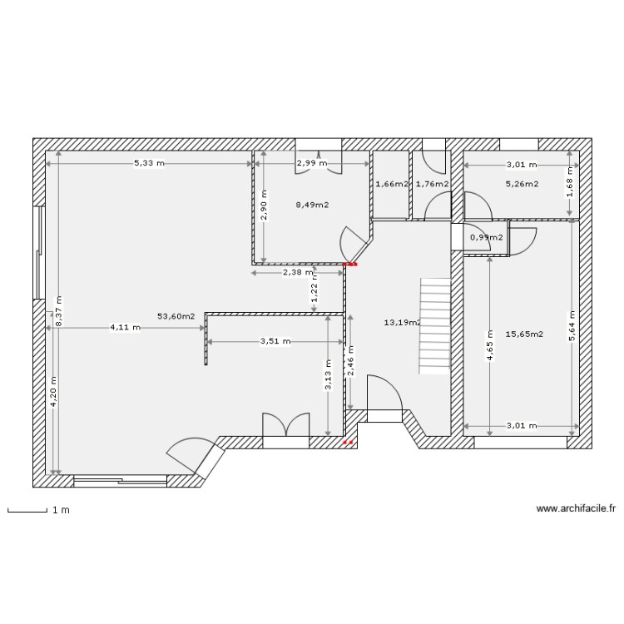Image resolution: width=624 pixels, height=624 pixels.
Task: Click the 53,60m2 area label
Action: pyautogui.click(x=176, y=316)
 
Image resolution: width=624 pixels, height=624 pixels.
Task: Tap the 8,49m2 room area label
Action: pyautogui.click(x=312, y=204)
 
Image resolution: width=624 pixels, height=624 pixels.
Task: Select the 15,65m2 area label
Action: pyautogui.click(x=524, y=334)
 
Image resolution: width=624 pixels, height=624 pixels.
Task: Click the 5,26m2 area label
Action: pyautogui.click(x=522, y=184)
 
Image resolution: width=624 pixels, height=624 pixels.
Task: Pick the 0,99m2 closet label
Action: pyautogui.click(x=487, y=237)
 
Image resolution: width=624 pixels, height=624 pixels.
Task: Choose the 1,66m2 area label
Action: pyautogui.click(x=391, y=184)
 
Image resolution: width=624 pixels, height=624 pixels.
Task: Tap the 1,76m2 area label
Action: pyautogui.click(x=432, y=184)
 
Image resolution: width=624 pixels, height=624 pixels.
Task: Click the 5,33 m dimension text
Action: pyautogui.click(x=150, y=164)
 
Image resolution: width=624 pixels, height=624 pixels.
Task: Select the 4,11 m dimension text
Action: pyautogui.click(x=126, y=328)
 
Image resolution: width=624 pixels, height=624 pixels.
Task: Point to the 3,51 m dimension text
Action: pyautogui.click(x=275, y=341)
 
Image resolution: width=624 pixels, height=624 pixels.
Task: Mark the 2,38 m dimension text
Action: pyautogui.click(x=298, y=272)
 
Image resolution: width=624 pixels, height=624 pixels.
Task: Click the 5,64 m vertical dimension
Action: pyautogui.click(x=571, y=326)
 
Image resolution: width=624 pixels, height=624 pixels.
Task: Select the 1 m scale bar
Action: pyautogui.click(x=27, y=510)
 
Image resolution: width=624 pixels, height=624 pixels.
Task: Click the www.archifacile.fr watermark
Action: pyautogui.click(x=576, y=508)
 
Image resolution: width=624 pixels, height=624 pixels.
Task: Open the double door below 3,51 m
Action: pyautogui.click(x=286, y=426)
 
